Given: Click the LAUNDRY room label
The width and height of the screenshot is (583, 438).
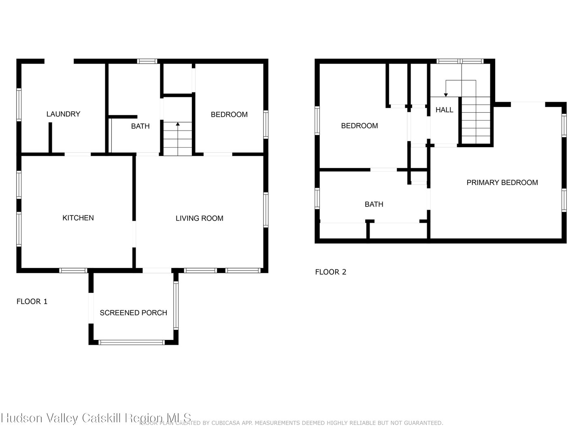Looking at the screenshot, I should (63, 114).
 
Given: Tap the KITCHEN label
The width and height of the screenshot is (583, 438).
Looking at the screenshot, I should (78, 218).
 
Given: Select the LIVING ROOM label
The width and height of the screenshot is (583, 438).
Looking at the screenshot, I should (199, 218).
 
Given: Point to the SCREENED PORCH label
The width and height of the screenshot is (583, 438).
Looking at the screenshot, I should (133, 313).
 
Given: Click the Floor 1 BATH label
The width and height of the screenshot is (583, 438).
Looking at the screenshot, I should (140, 126).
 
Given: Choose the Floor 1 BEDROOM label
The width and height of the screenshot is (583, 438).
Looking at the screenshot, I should (229, 114).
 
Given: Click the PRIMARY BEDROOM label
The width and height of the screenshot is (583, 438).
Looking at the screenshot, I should (502, 182).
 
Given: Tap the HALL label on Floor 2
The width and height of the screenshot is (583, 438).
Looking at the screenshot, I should (444, 110).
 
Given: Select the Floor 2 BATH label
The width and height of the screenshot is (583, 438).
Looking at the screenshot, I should (374, 204).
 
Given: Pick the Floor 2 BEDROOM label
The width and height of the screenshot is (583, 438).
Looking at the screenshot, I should (360, 126).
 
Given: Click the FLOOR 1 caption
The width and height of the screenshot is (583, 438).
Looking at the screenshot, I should (32, 301).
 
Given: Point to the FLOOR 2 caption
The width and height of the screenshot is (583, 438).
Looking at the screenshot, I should (331, 272).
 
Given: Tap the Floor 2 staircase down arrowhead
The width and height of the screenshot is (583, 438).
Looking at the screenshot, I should (446, 95).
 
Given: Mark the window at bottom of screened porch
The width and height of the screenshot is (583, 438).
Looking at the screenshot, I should (132, 343).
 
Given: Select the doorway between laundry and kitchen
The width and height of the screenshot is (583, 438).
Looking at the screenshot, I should (78, 154).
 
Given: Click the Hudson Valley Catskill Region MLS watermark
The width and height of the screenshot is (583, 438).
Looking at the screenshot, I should (96, 418).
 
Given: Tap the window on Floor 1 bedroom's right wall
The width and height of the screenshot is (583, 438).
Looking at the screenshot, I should (266, 125).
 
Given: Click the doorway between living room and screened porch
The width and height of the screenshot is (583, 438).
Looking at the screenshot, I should (157, 270).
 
